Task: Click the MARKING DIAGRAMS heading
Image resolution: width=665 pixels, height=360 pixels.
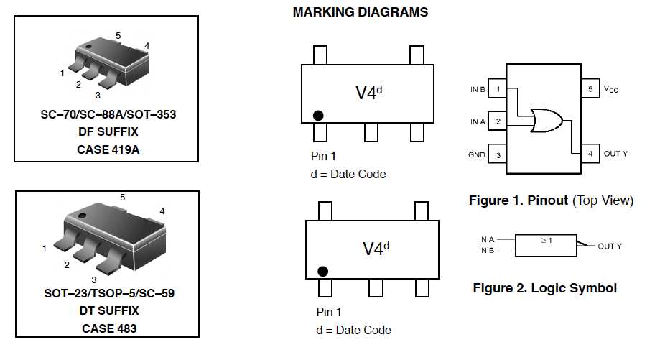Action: pyautogui.click(x=361, y=12)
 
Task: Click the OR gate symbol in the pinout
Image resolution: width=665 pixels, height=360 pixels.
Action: pyautogui.click(x=546, y=120)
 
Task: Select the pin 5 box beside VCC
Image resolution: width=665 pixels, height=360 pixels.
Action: pyautogui.click(x=590, y=89)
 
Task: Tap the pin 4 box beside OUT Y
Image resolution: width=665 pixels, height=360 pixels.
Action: pyautogui.click(x=590, y=154)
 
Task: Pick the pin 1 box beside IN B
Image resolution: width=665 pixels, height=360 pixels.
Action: pyautogui.click(x=498, y=89)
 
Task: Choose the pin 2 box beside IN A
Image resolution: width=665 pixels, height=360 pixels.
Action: pyautogui.click(x=498, y=121)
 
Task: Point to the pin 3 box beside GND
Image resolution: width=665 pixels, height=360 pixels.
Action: pyautogui.click(x=498, y=154)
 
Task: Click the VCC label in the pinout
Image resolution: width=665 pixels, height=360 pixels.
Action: pyautogui.click(x=610, y=89)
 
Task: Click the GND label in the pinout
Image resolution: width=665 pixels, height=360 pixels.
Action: pyautogui.click(x=477, y=154)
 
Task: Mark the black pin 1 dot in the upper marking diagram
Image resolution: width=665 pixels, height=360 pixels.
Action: pyautogui.click(x=317, y=115)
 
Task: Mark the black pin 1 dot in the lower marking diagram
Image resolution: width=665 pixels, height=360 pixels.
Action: pyautogui.click(x=322, y=271)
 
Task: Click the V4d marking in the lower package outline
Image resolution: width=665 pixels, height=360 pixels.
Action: pyautogui.click(x=376, y=249)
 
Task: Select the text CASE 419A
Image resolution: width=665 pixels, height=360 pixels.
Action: pyautogui.click(x=106, y=149)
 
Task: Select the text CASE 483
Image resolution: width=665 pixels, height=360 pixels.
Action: pyautogui.click(x=107, y=328)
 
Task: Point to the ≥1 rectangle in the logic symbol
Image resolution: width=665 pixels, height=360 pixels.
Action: pyautogui.click(x=547, y=244)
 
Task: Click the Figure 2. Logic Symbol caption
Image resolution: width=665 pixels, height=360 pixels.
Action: pyautogui.click(x=544, y=288)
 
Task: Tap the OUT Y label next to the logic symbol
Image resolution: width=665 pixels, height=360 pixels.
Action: pyautogui.click(x=610, y=246)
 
